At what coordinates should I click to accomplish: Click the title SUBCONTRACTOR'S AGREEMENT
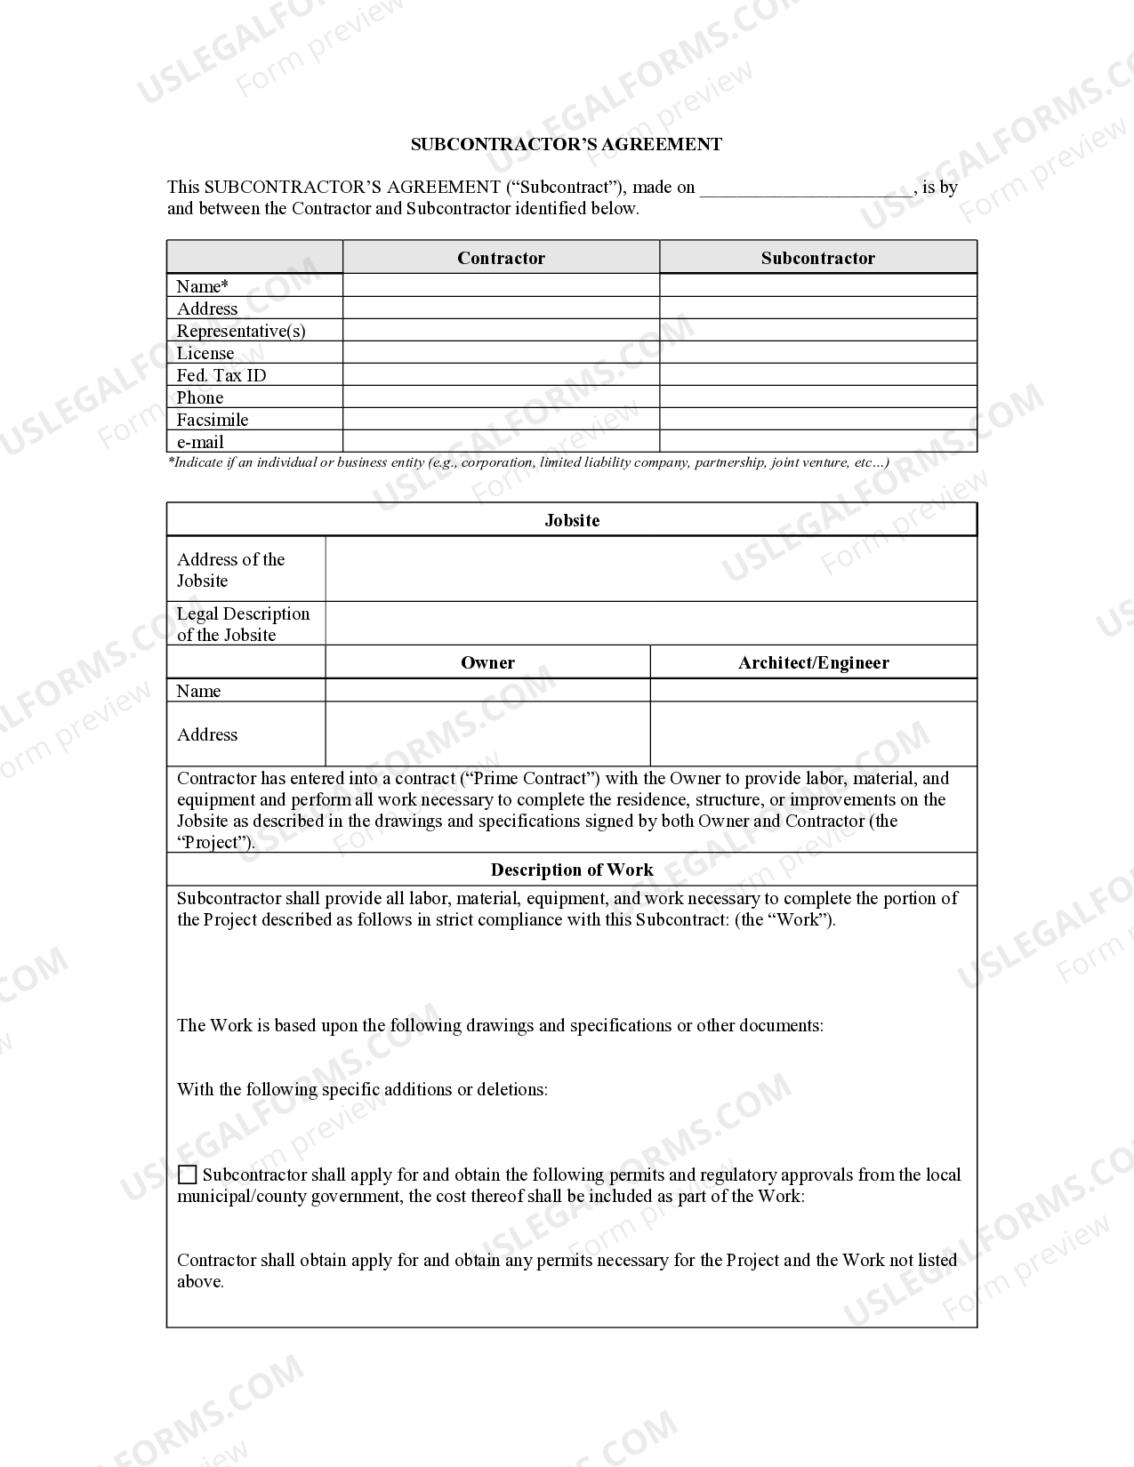coord(566,144)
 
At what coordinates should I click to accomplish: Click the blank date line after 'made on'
coord(806,188)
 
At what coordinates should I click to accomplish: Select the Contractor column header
coord(501,258)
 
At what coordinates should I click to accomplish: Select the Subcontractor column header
coord(817,258)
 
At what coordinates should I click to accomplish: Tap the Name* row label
coord(202,286)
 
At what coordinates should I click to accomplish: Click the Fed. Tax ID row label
coord(221,375)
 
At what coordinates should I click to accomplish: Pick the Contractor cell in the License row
coord(501,353)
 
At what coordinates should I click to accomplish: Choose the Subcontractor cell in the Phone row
coord(817,397)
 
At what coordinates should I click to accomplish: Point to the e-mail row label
coord(200,442)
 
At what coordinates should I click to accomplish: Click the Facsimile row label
coord(213,420)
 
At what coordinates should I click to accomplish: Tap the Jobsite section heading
coord(572,520)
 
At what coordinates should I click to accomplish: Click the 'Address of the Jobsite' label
coord(230,570)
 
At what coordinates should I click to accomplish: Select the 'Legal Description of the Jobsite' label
coord(243,624)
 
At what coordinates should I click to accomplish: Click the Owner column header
coord(487,662)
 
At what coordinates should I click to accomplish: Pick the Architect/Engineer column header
coord(813,662)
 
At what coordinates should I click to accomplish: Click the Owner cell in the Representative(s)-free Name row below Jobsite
coord(487,691)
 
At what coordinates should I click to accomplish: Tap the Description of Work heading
coord(572,870)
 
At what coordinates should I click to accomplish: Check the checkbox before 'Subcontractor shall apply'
coord(188,1175)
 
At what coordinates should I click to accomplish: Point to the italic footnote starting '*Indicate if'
coord(527,462)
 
